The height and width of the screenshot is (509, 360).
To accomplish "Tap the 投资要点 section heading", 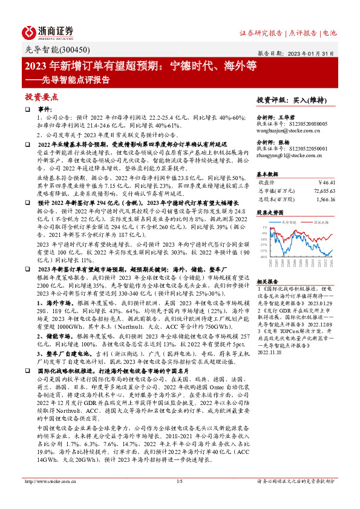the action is click(41, 97).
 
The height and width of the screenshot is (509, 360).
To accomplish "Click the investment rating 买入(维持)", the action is click(305, 100).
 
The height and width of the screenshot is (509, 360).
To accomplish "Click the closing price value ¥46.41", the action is click(326, 181).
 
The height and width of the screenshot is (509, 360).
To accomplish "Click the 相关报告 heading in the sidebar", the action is click(266, 281).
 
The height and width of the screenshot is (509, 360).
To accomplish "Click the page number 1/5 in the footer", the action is click(179, 499).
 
